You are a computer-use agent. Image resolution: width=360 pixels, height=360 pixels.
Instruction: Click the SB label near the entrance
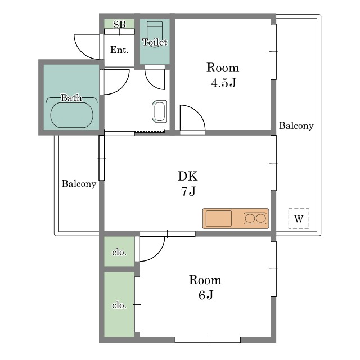(119, 24)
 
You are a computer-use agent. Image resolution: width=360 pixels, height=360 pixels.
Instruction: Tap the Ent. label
(119, 50)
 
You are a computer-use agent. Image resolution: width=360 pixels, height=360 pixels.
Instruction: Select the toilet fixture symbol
(155, 34)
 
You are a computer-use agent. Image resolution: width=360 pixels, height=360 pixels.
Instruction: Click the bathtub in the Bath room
(72, 115)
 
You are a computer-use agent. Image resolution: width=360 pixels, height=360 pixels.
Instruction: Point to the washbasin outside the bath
(159, 111)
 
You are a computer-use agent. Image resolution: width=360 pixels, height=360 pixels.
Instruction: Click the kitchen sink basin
(219, 218)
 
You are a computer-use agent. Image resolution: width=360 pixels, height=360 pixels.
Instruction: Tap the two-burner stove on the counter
(255, 218)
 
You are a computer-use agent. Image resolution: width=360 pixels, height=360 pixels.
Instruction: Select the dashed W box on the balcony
(299, 218)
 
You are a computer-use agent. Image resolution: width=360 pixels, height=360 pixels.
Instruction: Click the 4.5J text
(223, 83)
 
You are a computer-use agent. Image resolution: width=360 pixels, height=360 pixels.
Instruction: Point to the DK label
(188, 176)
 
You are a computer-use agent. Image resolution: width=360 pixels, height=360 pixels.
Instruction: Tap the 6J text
(206, 295)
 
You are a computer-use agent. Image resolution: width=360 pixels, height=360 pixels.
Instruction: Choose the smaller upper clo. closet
(119, 251)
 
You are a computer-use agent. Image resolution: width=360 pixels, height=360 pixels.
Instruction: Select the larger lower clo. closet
(119, 305)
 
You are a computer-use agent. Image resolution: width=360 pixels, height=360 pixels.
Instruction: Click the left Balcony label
(79, 184)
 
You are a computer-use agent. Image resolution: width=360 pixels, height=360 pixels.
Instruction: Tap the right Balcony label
(296, 125)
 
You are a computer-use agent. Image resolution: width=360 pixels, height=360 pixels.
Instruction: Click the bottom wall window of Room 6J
(208, 340)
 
